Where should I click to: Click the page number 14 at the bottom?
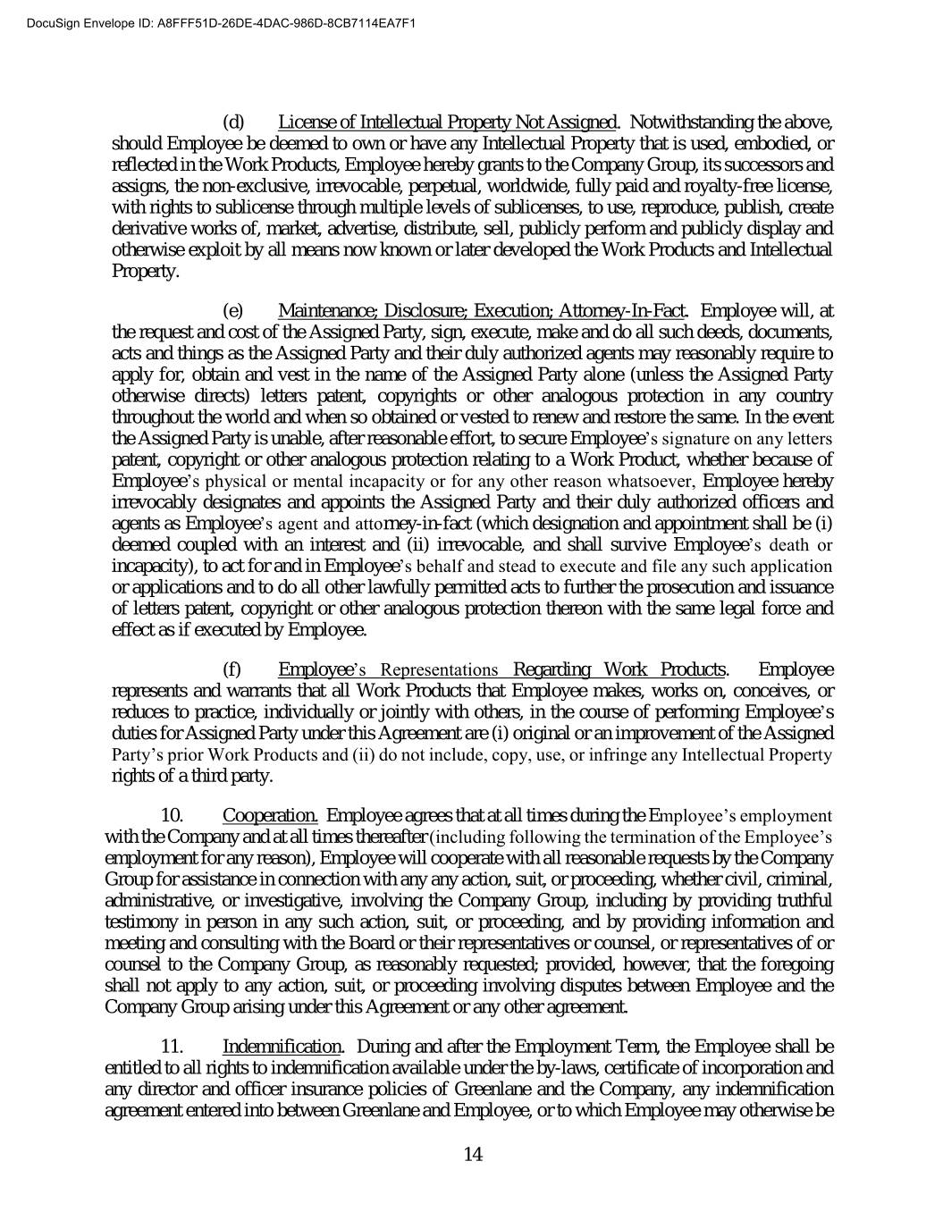point(473,1154)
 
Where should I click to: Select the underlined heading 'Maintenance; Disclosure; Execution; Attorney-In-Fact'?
point(481,311)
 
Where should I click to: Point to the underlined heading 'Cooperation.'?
point(270,815)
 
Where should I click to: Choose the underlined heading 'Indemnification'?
point(282,1047)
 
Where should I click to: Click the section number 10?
point(173,815)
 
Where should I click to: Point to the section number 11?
point(173,1047)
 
